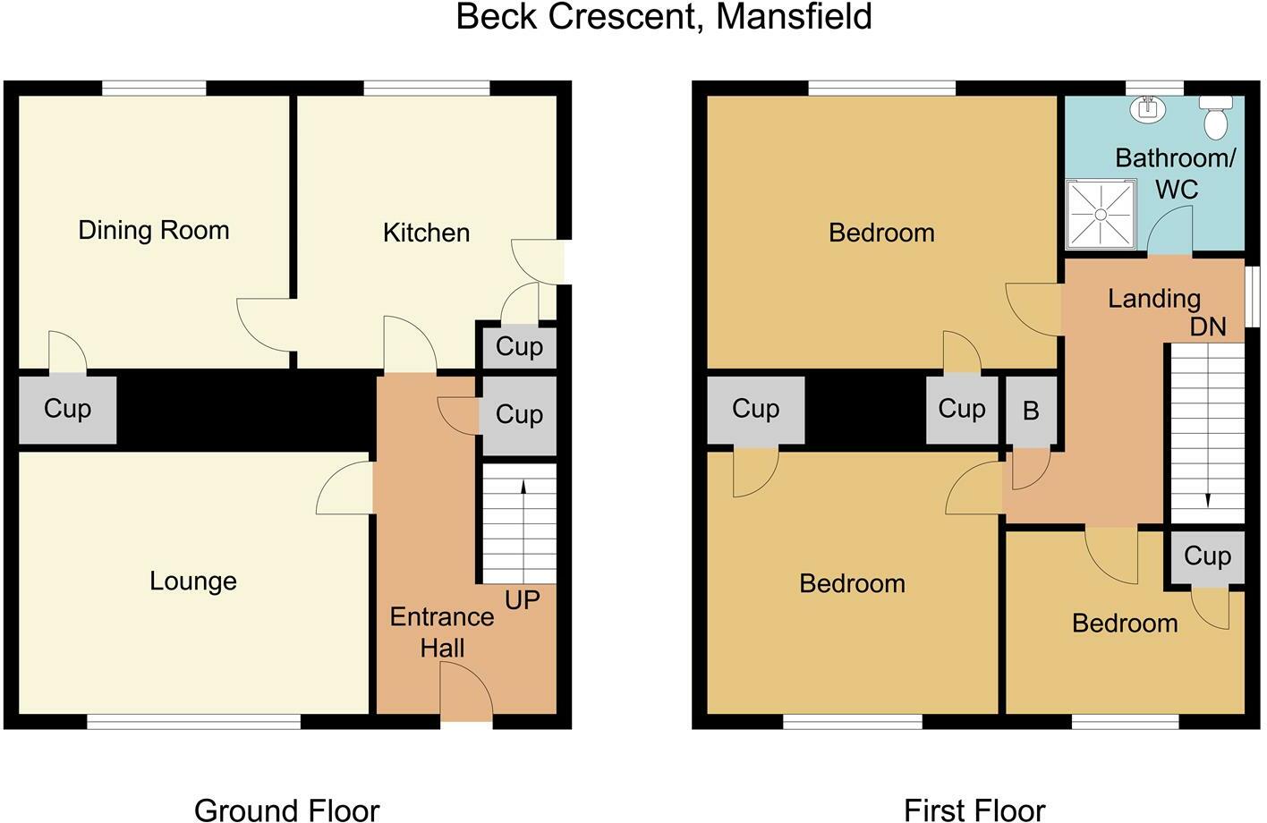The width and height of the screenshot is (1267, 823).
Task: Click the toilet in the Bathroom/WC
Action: pos(1215,118)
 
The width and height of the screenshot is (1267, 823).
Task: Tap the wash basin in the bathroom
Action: pos(1146,109)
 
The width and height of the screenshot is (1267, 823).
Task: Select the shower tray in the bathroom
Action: pos(1101,214)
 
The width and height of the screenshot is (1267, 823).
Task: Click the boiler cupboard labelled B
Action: pos(1031,411)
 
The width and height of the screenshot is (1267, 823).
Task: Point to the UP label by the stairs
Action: pos(523,600)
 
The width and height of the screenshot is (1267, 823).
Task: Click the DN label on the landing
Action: pos(1208,327)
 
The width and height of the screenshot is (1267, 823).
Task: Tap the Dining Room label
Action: pos(154,231)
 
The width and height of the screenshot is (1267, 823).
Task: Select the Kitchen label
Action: pos(426,233)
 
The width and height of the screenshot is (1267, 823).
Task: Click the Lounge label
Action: pos(193,581)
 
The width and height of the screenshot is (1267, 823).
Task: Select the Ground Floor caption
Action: pos(286,810)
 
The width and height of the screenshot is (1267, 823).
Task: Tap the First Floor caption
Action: pos(974,810)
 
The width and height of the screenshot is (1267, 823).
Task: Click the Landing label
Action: pos(1153,299)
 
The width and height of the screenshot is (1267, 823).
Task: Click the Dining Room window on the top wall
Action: pos(154,88)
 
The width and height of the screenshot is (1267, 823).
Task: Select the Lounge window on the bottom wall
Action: pos(193,721)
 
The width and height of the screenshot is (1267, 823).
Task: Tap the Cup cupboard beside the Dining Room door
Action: pos(68,410)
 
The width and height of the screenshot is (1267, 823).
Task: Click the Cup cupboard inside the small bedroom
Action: pos(1207,556)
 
